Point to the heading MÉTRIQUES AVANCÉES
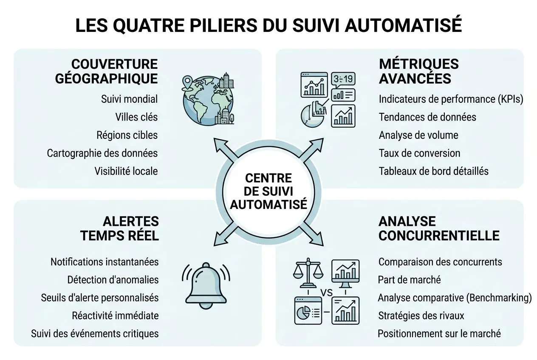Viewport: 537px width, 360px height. (x=418, y=71)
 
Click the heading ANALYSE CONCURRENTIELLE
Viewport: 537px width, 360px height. (x=438, y=228)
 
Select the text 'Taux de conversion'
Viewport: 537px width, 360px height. (x=419, y=153)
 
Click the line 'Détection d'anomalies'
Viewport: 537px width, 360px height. (x=113, y=280)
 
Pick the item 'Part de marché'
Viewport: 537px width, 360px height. (x=409, y=280)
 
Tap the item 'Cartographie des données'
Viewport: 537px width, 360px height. (x=102, y=153)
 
